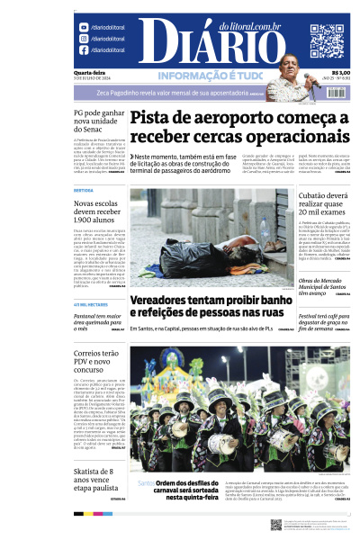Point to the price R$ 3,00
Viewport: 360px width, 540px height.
click(x=340, y=73)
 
